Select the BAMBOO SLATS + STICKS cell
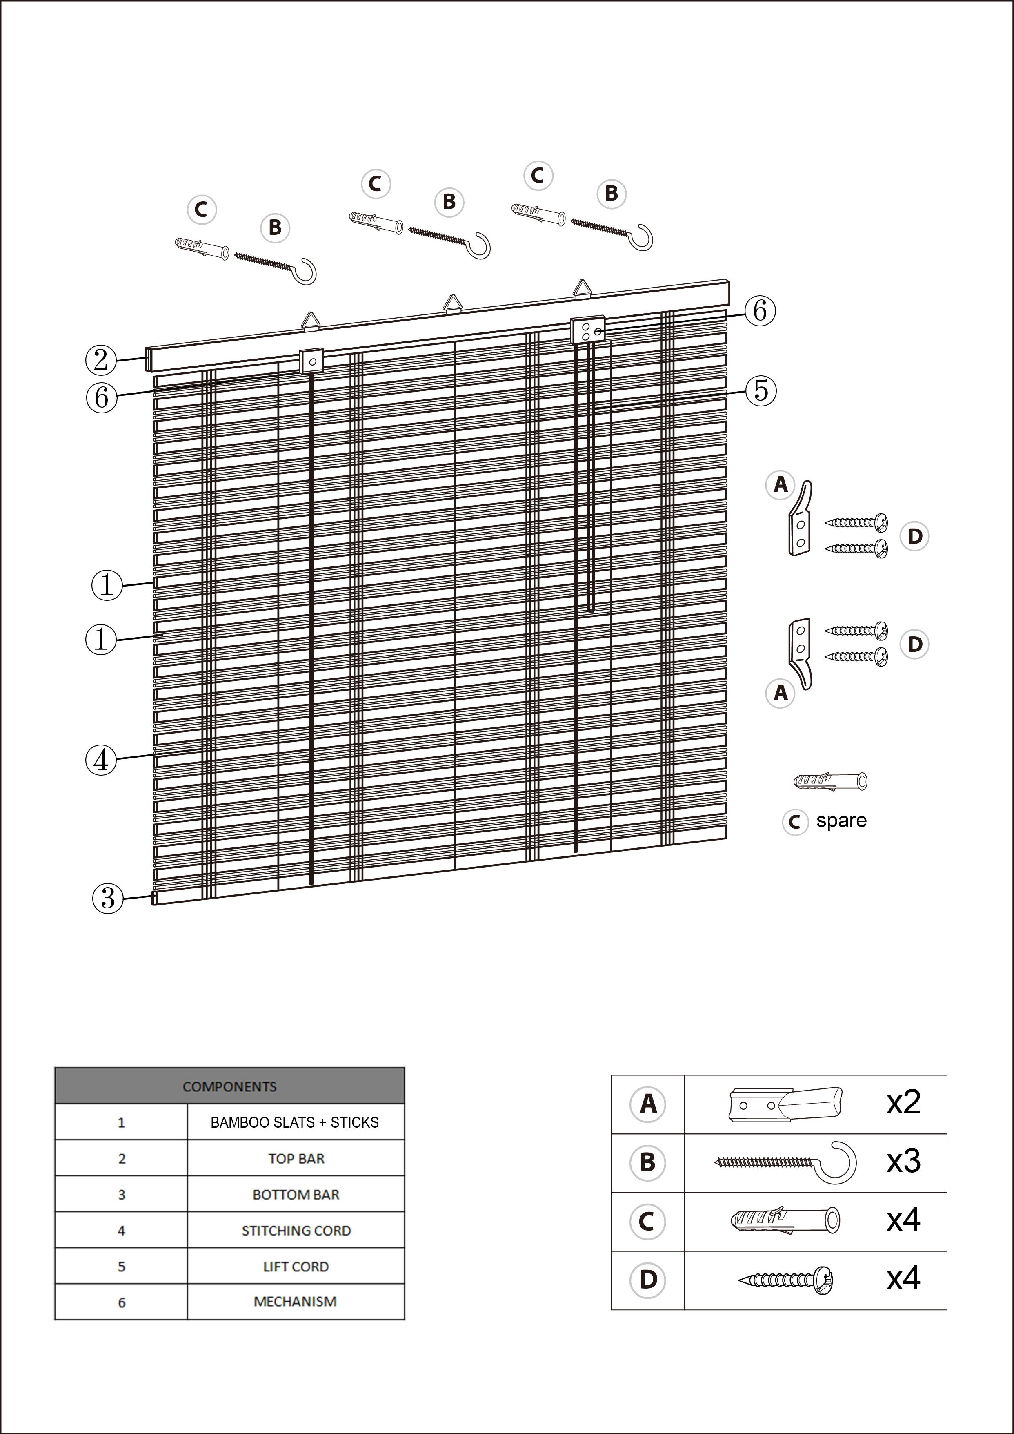tap(295, 1122)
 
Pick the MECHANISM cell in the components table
tap(295, 1302)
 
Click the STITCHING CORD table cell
tap(296, 1230)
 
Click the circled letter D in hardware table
tap(648, 1280)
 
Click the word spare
tap(841, 821)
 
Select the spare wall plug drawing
tap(830, 781)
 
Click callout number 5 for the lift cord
tap(760, 390)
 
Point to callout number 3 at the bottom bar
tap(107, 898)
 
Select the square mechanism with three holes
tap(587, 329)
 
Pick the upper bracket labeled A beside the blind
tap(800, 518)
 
